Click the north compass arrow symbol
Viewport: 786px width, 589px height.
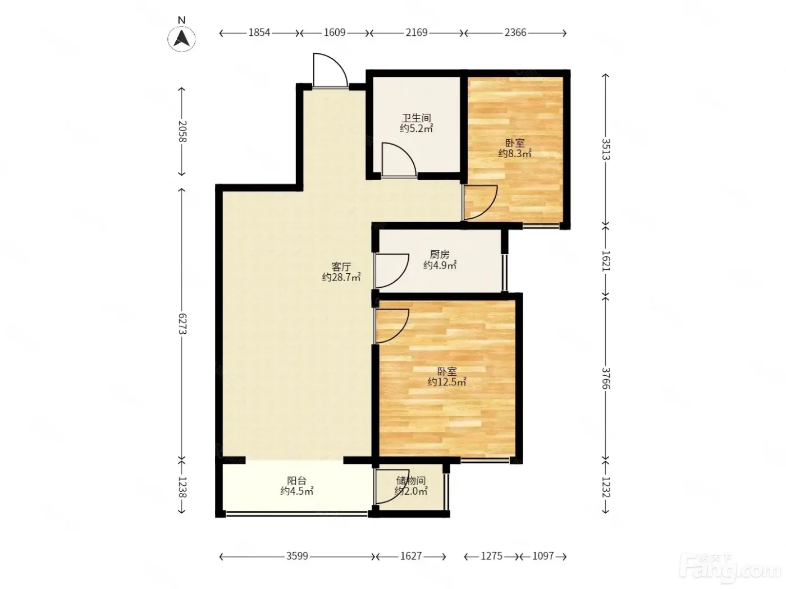(x=181, y=39)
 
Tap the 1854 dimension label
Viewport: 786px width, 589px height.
(x=259, y=33)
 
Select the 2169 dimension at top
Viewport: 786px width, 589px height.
(x=417, y=33)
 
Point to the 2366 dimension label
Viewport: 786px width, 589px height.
(x=515, y=33)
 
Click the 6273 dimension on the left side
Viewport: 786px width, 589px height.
(x=182, y=323)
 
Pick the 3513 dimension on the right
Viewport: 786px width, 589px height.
(x=605, y=149)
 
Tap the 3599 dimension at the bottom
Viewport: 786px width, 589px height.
(x=297, y=556)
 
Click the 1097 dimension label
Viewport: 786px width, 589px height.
(x=543, y=556)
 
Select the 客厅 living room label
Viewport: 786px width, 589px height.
(x=341, y=266)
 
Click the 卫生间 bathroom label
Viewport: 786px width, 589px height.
(x=416, y=118)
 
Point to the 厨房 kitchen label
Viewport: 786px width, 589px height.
(x=440, y=254)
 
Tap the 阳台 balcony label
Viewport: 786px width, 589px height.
(x=296, y=480)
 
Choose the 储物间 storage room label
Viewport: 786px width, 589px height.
(x=411, y=480)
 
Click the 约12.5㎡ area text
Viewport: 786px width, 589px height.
(x=446, y=382)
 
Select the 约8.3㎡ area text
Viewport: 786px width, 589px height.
(x=515, y=153)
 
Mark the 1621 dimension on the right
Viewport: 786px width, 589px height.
(x=605, y=260)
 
